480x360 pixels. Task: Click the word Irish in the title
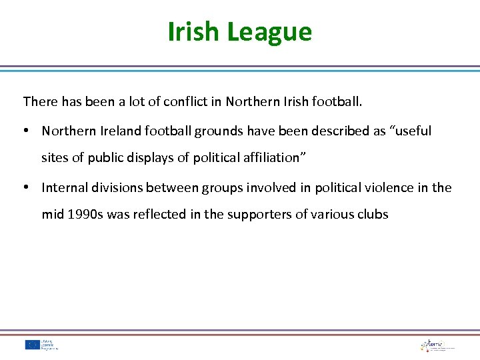tap(196, 31)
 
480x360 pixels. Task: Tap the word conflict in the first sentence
tap(196, 102)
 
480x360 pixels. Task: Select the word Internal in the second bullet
tap(63, 188)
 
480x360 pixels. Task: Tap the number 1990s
tap(82, 215)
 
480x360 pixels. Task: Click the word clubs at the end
tap(371, 215)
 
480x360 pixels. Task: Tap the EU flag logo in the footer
tap(32, 345)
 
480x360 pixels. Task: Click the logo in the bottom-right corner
tap(437, 345)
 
